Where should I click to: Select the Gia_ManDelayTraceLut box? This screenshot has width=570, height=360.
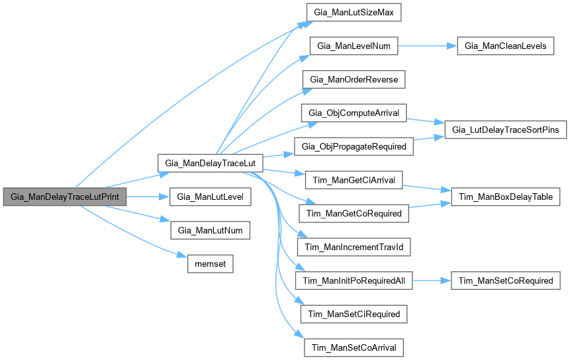(211, 162)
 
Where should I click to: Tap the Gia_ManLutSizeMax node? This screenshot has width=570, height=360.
(354, 13)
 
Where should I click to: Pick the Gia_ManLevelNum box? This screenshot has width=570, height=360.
(354, 46)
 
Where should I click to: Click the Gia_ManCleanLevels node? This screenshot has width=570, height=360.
(506, 46)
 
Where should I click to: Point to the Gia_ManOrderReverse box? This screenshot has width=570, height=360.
(354, 79)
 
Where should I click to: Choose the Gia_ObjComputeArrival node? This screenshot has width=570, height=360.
(354, 113)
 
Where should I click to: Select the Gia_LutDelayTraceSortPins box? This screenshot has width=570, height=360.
(506, 130)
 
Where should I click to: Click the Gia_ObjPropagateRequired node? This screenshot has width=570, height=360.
(354, 146)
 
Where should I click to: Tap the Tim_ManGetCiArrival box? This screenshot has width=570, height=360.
(354, 180)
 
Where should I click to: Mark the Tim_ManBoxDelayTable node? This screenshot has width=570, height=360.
(506, 197)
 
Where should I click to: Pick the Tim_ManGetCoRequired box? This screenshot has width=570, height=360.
(354, 213)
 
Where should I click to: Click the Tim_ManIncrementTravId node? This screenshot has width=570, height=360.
(354, 247)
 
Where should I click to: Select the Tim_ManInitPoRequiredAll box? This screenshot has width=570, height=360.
(354, 281)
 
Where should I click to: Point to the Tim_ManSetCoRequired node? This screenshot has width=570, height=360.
(506, 281)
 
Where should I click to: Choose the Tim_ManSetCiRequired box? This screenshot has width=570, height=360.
(354, 314)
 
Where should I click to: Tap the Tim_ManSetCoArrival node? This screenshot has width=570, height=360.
(354, 347)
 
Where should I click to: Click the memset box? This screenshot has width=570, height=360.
(211, 263)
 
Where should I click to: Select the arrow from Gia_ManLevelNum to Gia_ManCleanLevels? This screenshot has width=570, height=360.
(427, 46)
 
